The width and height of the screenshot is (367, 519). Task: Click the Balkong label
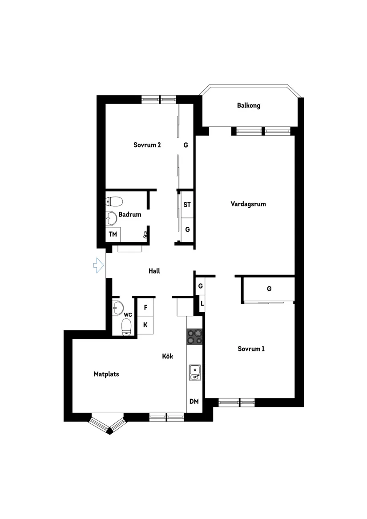[x=248, y=105]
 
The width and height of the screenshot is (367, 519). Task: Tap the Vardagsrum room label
[x=248, y=204]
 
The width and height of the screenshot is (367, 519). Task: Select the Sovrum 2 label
[x=147, y=145]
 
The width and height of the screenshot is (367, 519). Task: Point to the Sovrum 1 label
[x=251, y=349]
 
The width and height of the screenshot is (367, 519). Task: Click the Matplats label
[x=106, y=374]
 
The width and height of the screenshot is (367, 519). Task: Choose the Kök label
[x=168, y=356]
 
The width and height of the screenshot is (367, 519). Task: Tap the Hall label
[x=154, y=271]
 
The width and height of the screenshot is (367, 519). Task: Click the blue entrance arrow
[x=99, y=265]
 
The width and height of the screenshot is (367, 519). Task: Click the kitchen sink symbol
[x=195, y=373]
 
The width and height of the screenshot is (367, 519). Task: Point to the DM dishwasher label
[x=194, y=402]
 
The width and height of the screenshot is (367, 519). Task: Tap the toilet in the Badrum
[x=114, y=201]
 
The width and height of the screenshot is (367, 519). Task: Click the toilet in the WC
[x=126, y=327]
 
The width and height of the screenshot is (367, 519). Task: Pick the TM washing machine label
[x=113, y=234]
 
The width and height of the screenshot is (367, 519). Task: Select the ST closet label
[x=187, y=205]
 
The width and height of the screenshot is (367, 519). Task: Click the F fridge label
[x=145, y=307]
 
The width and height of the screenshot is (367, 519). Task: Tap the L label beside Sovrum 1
[x=202, y=303]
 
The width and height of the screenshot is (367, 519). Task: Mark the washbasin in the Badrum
[x=111, y=218]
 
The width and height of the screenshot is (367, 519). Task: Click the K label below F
[x=145, y=325]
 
